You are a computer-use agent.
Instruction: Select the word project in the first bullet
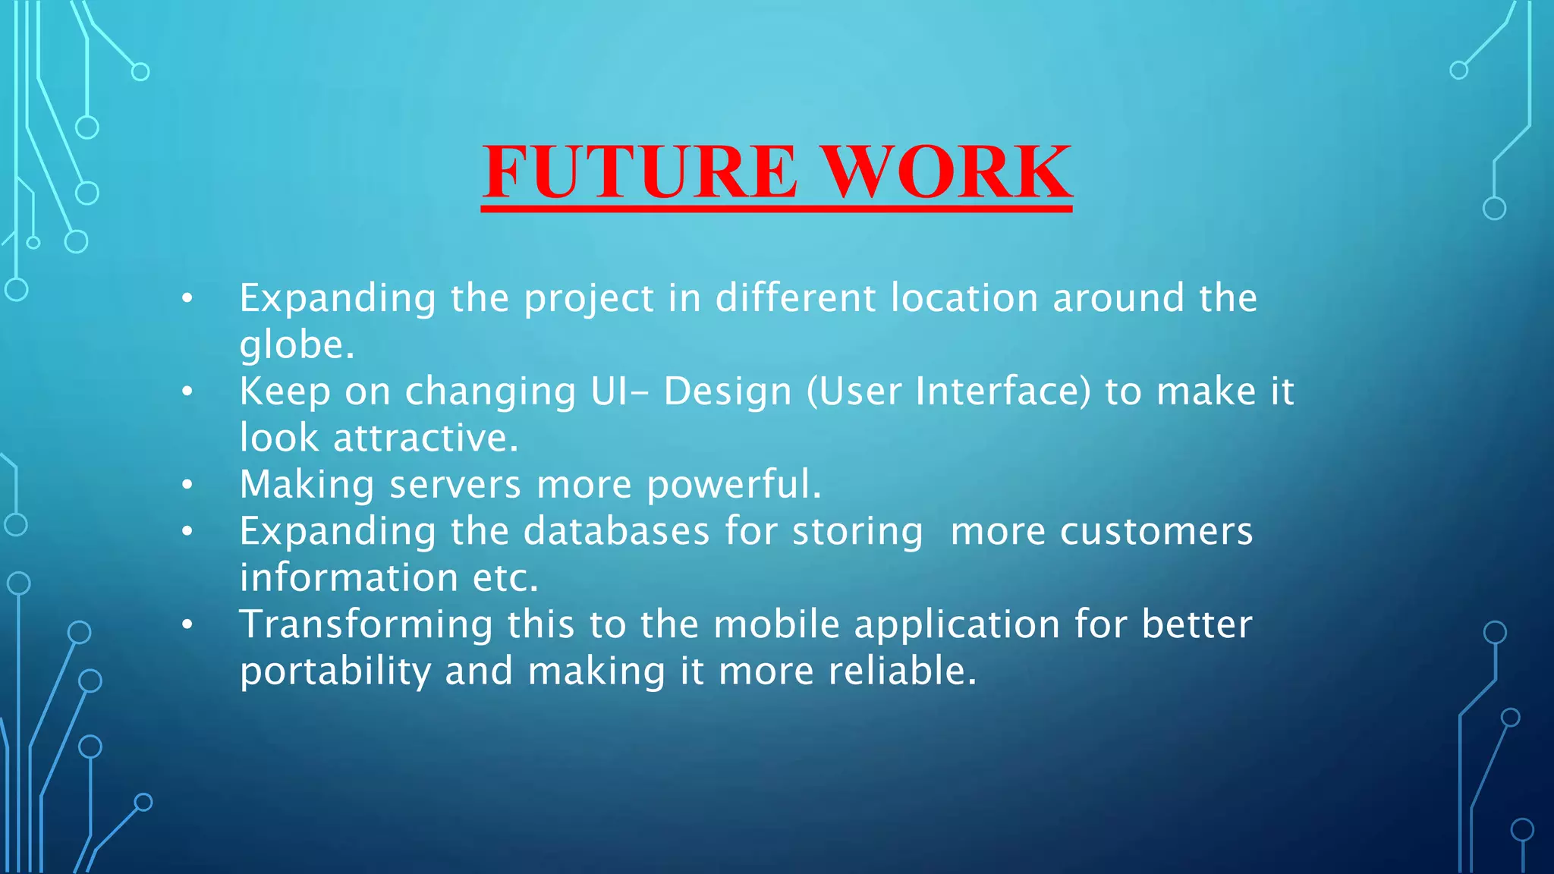click(x=589, y=298)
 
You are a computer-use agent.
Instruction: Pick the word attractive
click(x=426, y=439)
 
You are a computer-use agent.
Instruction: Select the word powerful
click(x=734, y=485)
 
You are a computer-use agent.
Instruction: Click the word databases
click(x=616, y=531)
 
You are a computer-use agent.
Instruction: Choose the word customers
click(x=1156, y=531)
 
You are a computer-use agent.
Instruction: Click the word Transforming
click(x=366, y=625)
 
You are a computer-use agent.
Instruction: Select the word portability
click(x=335, y=672)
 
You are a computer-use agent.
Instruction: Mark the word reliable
click(x=902, y=671)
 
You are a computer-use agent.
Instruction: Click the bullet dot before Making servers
click(x=187, y=485)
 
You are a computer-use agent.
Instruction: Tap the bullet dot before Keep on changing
click(x=187, y=391)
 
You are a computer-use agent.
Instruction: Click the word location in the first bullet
click(x=964, y=298)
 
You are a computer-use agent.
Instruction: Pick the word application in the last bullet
click(x=957, y=627)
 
